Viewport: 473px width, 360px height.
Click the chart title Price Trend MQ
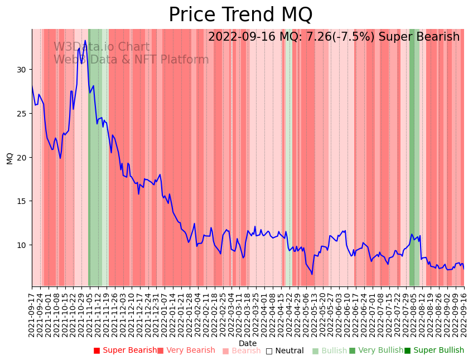240,15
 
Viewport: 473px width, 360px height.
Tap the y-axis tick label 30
22,70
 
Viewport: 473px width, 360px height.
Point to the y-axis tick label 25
22,114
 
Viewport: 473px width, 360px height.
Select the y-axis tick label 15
22,201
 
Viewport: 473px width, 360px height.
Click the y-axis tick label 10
22,245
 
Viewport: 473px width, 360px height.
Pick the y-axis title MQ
9,158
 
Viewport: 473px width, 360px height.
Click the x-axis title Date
248,343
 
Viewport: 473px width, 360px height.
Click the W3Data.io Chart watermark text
102,47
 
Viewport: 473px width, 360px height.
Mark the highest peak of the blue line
85,40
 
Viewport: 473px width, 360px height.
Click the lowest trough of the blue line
312,274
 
